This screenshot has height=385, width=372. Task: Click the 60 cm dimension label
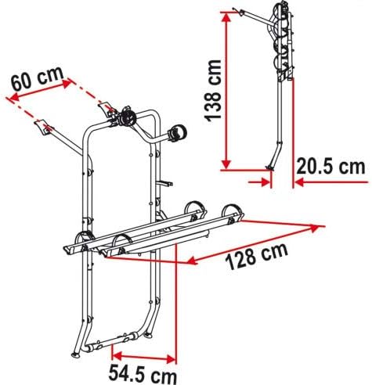[x=38, y=78]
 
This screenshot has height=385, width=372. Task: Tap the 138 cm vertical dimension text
[x=213, y=91]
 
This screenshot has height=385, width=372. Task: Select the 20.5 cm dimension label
[x=330, y=167]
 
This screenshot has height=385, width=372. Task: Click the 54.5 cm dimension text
[x=143, y=374]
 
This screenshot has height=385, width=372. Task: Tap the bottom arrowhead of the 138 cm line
[x=226, y=164]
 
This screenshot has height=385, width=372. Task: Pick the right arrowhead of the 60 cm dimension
[x=66, y=84]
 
